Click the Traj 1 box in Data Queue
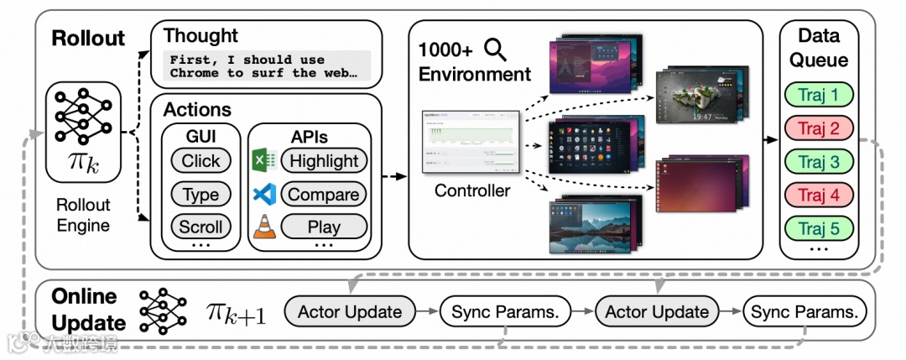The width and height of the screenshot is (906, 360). (x=819, y=95)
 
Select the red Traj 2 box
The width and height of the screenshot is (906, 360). (x=819, y=128)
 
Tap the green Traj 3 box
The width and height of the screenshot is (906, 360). (x=819, y=161)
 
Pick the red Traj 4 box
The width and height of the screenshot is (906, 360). (x=819, y=195)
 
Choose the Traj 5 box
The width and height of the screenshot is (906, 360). (x=819, y=227)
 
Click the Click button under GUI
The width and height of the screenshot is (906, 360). (x=200, y=161)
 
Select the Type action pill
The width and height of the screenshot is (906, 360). (x=200, y=195)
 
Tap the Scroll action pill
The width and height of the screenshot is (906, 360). (x=200, y=227)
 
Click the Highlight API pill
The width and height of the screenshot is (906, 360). (x=323, y=161)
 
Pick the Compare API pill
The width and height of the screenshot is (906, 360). (x=323, y=195)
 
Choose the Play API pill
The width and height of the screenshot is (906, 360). (x=323, y=227)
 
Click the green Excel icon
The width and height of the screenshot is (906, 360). (x=263, y=160)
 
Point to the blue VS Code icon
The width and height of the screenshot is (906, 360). (x=263, y=194)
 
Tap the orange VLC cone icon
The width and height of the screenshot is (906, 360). (x=263, y=227)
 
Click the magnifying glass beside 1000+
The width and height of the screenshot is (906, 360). (x=496, y=50)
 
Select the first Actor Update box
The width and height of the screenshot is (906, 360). (x=350, y=312)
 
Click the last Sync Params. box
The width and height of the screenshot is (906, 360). (x=804, y=312)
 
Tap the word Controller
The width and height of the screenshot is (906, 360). (x=471, y=190)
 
